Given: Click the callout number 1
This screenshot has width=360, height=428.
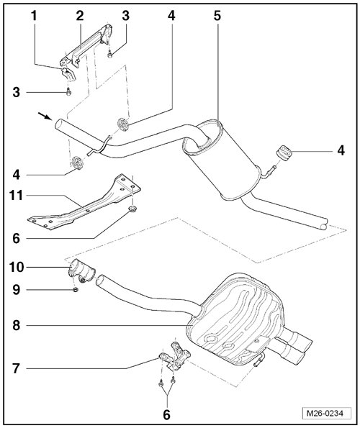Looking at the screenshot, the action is point(34,16).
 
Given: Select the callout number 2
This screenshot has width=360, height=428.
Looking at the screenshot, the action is point(80,16).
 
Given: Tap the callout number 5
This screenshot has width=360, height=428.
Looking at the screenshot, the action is point(217,16).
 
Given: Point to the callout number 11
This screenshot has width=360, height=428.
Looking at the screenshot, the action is point(16,196).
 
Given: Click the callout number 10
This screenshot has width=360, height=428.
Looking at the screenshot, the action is point(17,267).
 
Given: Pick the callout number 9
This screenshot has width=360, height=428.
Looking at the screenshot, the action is point(16,290).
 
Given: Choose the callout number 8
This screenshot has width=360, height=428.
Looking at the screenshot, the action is point(16,325).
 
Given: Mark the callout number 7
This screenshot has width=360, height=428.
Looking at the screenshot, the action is point(16,369).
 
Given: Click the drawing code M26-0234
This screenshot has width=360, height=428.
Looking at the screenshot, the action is point(327,414).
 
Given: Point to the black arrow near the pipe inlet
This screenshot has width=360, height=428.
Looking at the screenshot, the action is point(45,116).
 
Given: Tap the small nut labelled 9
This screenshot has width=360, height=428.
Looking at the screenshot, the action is point(76,290).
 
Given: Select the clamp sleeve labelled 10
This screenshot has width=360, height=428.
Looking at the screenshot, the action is point(81,271).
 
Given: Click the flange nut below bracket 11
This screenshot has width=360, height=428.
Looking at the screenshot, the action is point(132,209).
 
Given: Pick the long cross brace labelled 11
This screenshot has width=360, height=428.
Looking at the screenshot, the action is point(85,202).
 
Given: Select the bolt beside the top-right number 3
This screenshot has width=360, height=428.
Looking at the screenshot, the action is point(110,55).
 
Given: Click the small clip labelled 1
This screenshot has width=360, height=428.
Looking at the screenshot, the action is point(68,74).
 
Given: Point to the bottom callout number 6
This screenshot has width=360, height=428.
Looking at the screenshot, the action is point(166,415).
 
